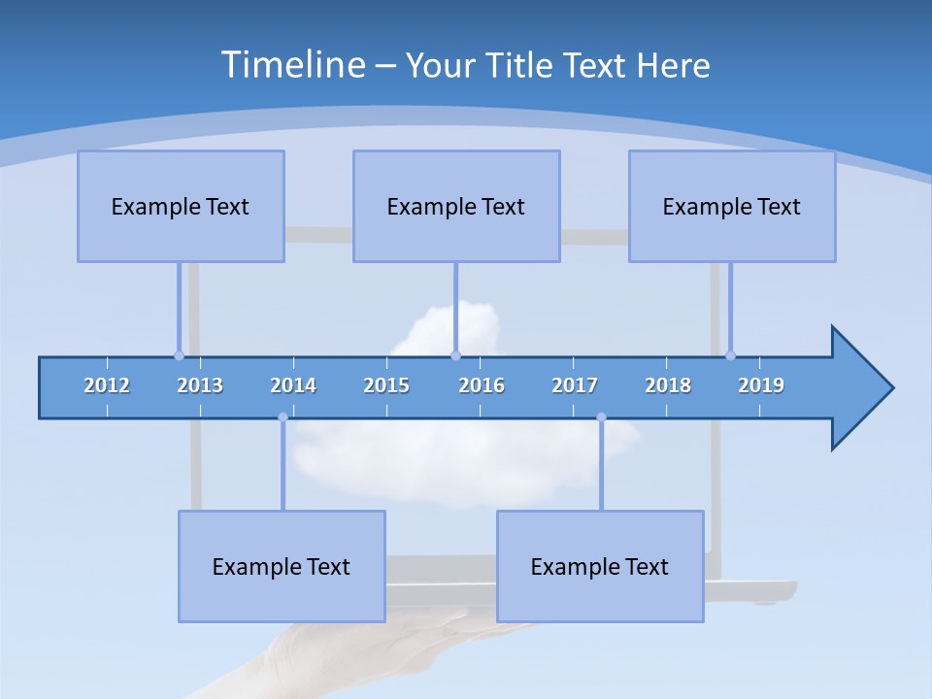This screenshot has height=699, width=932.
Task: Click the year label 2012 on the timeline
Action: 107,385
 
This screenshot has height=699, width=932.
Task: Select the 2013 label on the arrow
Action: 200,385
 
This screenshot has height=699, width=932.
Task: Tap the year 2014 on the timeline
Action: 293,385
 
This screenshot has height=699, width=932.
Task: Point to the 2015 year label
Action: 386,385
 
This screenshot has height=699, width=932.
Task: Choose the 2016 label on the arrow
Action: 482,385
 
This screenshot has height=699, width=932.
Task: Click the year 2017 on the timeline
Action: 575,385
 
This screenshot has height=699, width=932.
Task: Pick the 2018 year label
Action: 668,385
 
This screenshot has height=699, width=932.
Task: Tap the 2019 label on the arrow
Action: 761,385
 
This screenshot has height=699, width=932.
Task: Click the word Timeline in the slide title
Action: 292,65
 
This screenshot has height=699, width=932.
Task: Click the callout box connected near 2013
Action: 181,206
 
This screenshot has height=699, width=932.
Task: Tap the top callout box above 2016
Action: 456,206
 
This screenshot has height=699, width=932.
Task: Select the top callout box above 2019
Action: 732,206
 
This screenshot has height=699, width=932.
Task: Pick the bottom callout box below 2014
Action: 282,566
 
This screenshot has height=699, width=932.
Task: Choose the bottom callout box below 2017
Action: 600,566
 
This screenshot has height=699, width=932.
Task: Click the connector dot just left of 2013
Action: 179,355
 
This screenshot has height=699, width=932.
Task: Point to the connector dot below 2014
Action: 283,417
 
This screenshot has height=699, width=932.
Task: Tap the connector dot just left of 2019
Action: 730,355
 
